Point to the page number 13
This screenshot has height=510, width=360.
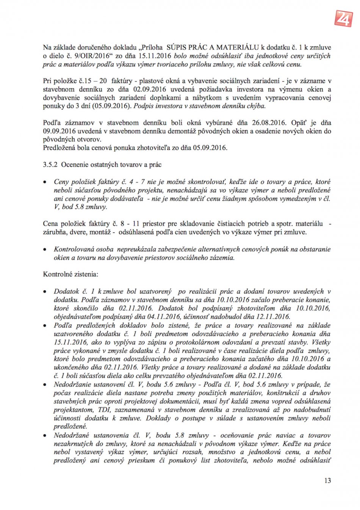click(327, 480)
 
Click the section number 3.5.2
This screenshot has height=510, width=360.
click(50, 165)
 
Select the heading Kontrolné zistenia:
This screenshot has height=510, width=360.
click(70, 274)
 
